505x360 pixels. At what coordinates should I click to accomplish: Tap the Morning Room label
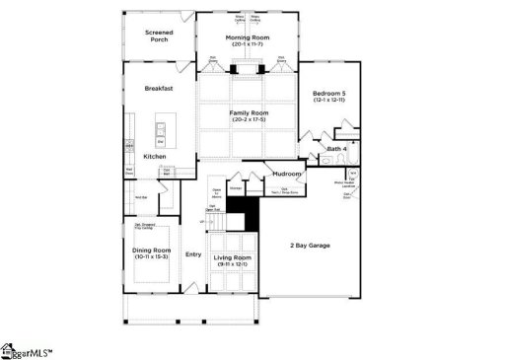click(249, 37)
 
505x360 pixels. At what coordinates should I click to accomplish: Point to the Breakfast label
click(159, 89)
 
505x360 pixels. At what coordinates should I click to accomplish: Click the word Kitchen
click(155, 157)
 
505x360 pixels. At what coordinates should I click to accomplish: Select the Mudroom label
click(287, 174)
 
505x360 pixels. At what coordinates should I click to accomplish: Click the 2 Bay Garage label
click(311, 244)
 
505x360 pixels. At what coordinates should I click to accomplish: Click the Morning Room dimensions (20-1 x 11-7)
click(249, 44)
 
